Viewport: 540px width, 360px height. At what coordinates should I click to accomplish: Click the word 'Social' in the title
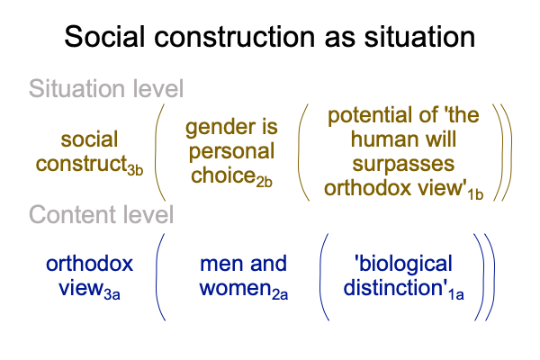coord(104,37)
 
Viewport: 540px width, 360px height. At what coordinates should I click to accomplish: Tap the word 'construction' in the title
coord(234,37)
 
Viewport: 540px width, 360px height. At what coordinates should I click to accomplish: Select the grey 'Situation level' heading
coord(106,88)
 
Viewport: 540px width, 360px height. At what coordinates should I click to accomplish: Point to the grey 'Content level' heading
coord(101,214)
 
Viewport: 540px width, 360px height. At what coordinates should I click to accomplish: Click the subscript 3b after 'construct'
coord(135,170)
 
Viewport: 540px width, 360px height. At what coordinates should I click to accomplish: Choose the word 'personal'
coord(231,152)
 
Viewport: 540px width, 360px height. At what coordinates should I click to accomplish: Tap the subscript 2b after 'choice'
coord(264,182)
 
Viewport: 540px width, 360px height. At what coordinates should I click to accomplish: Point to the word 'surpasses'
coord(403,164)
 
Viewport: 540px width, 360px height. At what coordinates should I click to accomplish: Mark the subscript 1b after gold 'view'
coord(475,194)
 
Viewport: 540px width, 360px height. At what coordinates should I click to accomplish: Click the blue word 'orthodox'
coord(89,264)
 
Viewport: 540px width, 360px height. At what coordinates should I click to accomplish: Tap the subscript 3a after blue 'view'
coord(112,295)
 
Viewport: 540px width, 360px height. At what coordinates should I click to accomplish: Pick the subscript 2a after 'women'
coord(280,295)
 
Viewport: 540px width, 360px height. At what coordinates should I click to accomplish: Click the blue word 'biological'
coord(403,265)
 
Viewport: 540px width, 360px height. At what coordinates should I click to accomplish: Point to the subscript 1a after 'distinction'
coord(456,295)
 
